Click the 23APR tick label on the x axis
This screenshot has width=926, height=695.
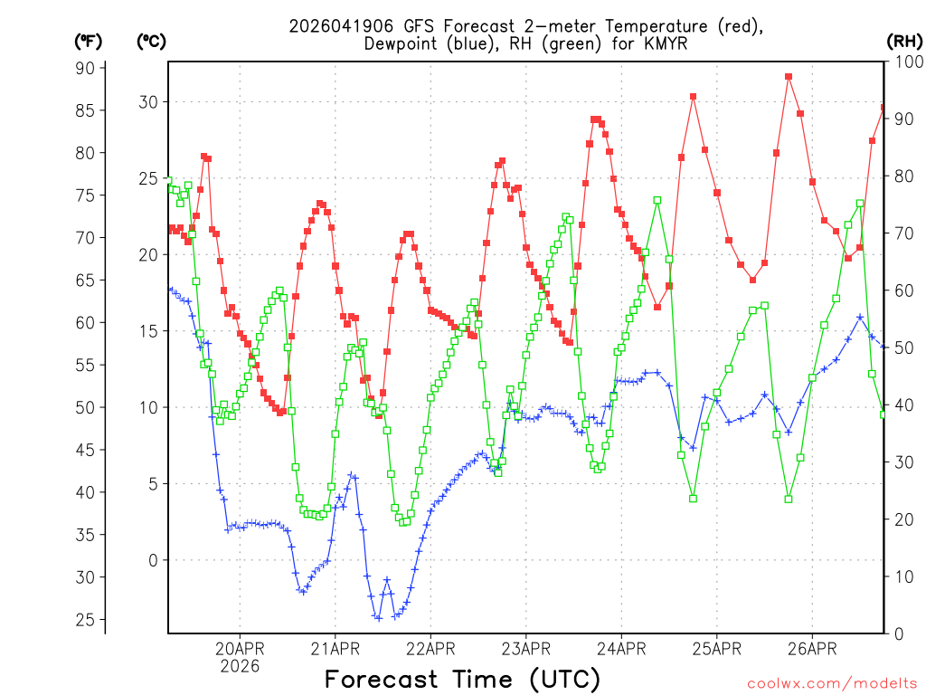pyautogui.click(x=525, y=648)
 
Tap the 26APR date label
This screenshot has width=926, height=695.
pyautogui.click(x=811, y=648)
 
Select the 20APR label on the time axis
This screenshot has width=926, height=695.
pyautogui.click(x=240, y=648)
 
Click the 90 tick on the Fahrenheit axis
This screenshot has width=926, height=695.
pyautogui.click(x=85, y=68)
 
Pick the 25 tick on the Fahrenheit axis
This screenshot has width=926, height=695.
pyautogui.click(x=85, y=620)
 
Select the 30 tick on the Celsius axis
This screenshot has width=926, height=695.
pyautogui.click(x=147, y=102)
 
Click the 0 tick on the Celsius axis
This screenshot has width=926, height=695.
pyautogui.click(x=153, y=560)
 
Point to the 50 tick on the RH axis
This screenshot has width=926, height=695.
pyautogui.click(x=902, y=347)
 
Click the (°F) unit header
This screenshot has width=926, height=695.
pyautogui.click(x=90, y=41)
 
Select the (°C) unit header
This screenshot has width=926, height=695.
pyautogui.click(x=151, y=41)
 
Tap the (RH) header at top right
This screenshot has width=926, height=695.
pyautogui.click(x=904, y=41)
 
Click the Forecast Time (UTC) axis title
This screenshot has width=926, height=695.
pyautogui.click(x=462, y=679)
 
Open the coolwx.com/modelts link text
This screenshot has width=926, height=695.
pyautogui.click(x=832, y=683)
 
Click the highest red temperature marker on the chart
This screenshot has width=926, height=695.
pyautogui.click(x=789, y=77)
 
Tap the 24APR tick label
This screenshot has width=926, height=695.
pyautogui.click(x=621, y=648)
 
